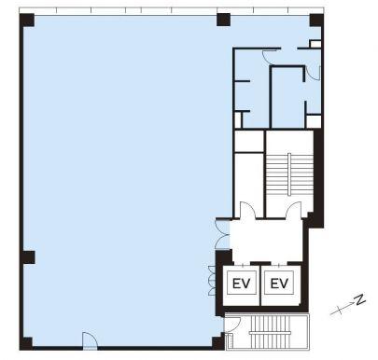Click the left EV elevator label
point(241,284)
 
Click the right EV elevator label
point(279,284)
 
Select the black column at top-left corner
point(27,21)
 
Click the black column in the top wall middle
point(223,20)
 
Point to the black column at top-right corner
point(316,21)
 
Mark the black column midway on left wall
point(28,257)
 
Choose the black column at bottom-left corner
point(26,343)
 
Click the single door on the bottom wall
point(90,340)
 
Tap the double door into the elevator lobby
point(222,234)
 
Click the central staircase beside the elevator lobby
point(289,174)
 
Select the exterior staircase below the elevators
point(270,332)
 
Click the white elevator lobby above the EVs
point(266,240)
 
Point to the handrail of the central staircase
point(289,174)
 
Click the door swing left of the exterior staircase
point(232,324)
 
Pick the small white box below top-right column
point(315,44)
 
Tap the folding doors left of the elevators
point(212,281)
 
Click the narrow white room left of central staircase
point(249,185)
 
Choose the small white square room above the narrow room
point(249,142)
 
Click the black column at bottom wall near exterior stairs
point(218,342)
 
